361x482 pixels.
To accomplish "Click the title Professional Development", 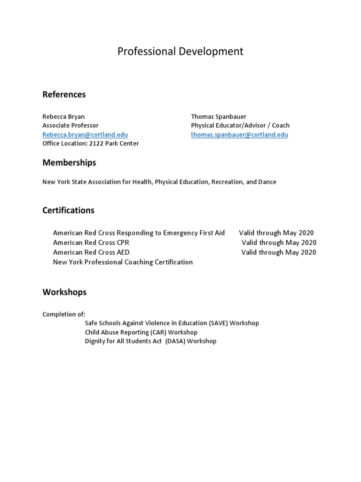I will (180, 51).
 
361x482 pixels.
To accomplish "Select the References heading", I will (64, 94).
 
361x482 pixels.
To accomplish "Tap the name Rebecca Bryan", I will (63, 116).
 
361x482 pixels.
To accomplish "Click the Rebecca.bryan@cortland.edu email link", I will (85, 135).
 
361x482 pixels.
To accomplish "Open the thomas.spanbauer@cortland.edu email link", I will (239, 135).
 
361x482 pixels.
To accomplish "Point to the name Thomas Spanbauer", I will (218, 116).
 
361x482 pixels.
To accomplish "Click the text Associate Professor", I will (71, 125).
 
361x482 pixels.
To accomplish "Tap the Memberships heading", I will (69, 162).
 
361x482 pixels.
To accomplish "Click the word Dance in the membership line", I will (267, 182).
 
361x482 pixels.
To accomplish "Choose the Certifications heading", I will (68, 210).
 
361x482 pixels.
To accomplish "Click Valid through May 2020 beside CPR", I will (279, 243).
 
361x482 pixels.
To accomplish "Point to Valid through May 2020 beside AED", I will (279, 252).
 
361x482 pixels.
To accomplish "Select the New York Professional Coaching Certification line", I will (123, 262).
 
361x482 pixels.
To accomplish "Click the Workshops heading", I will (64, 292).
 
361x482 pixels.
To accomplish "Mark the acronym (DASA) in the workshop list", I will (175, 341).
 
